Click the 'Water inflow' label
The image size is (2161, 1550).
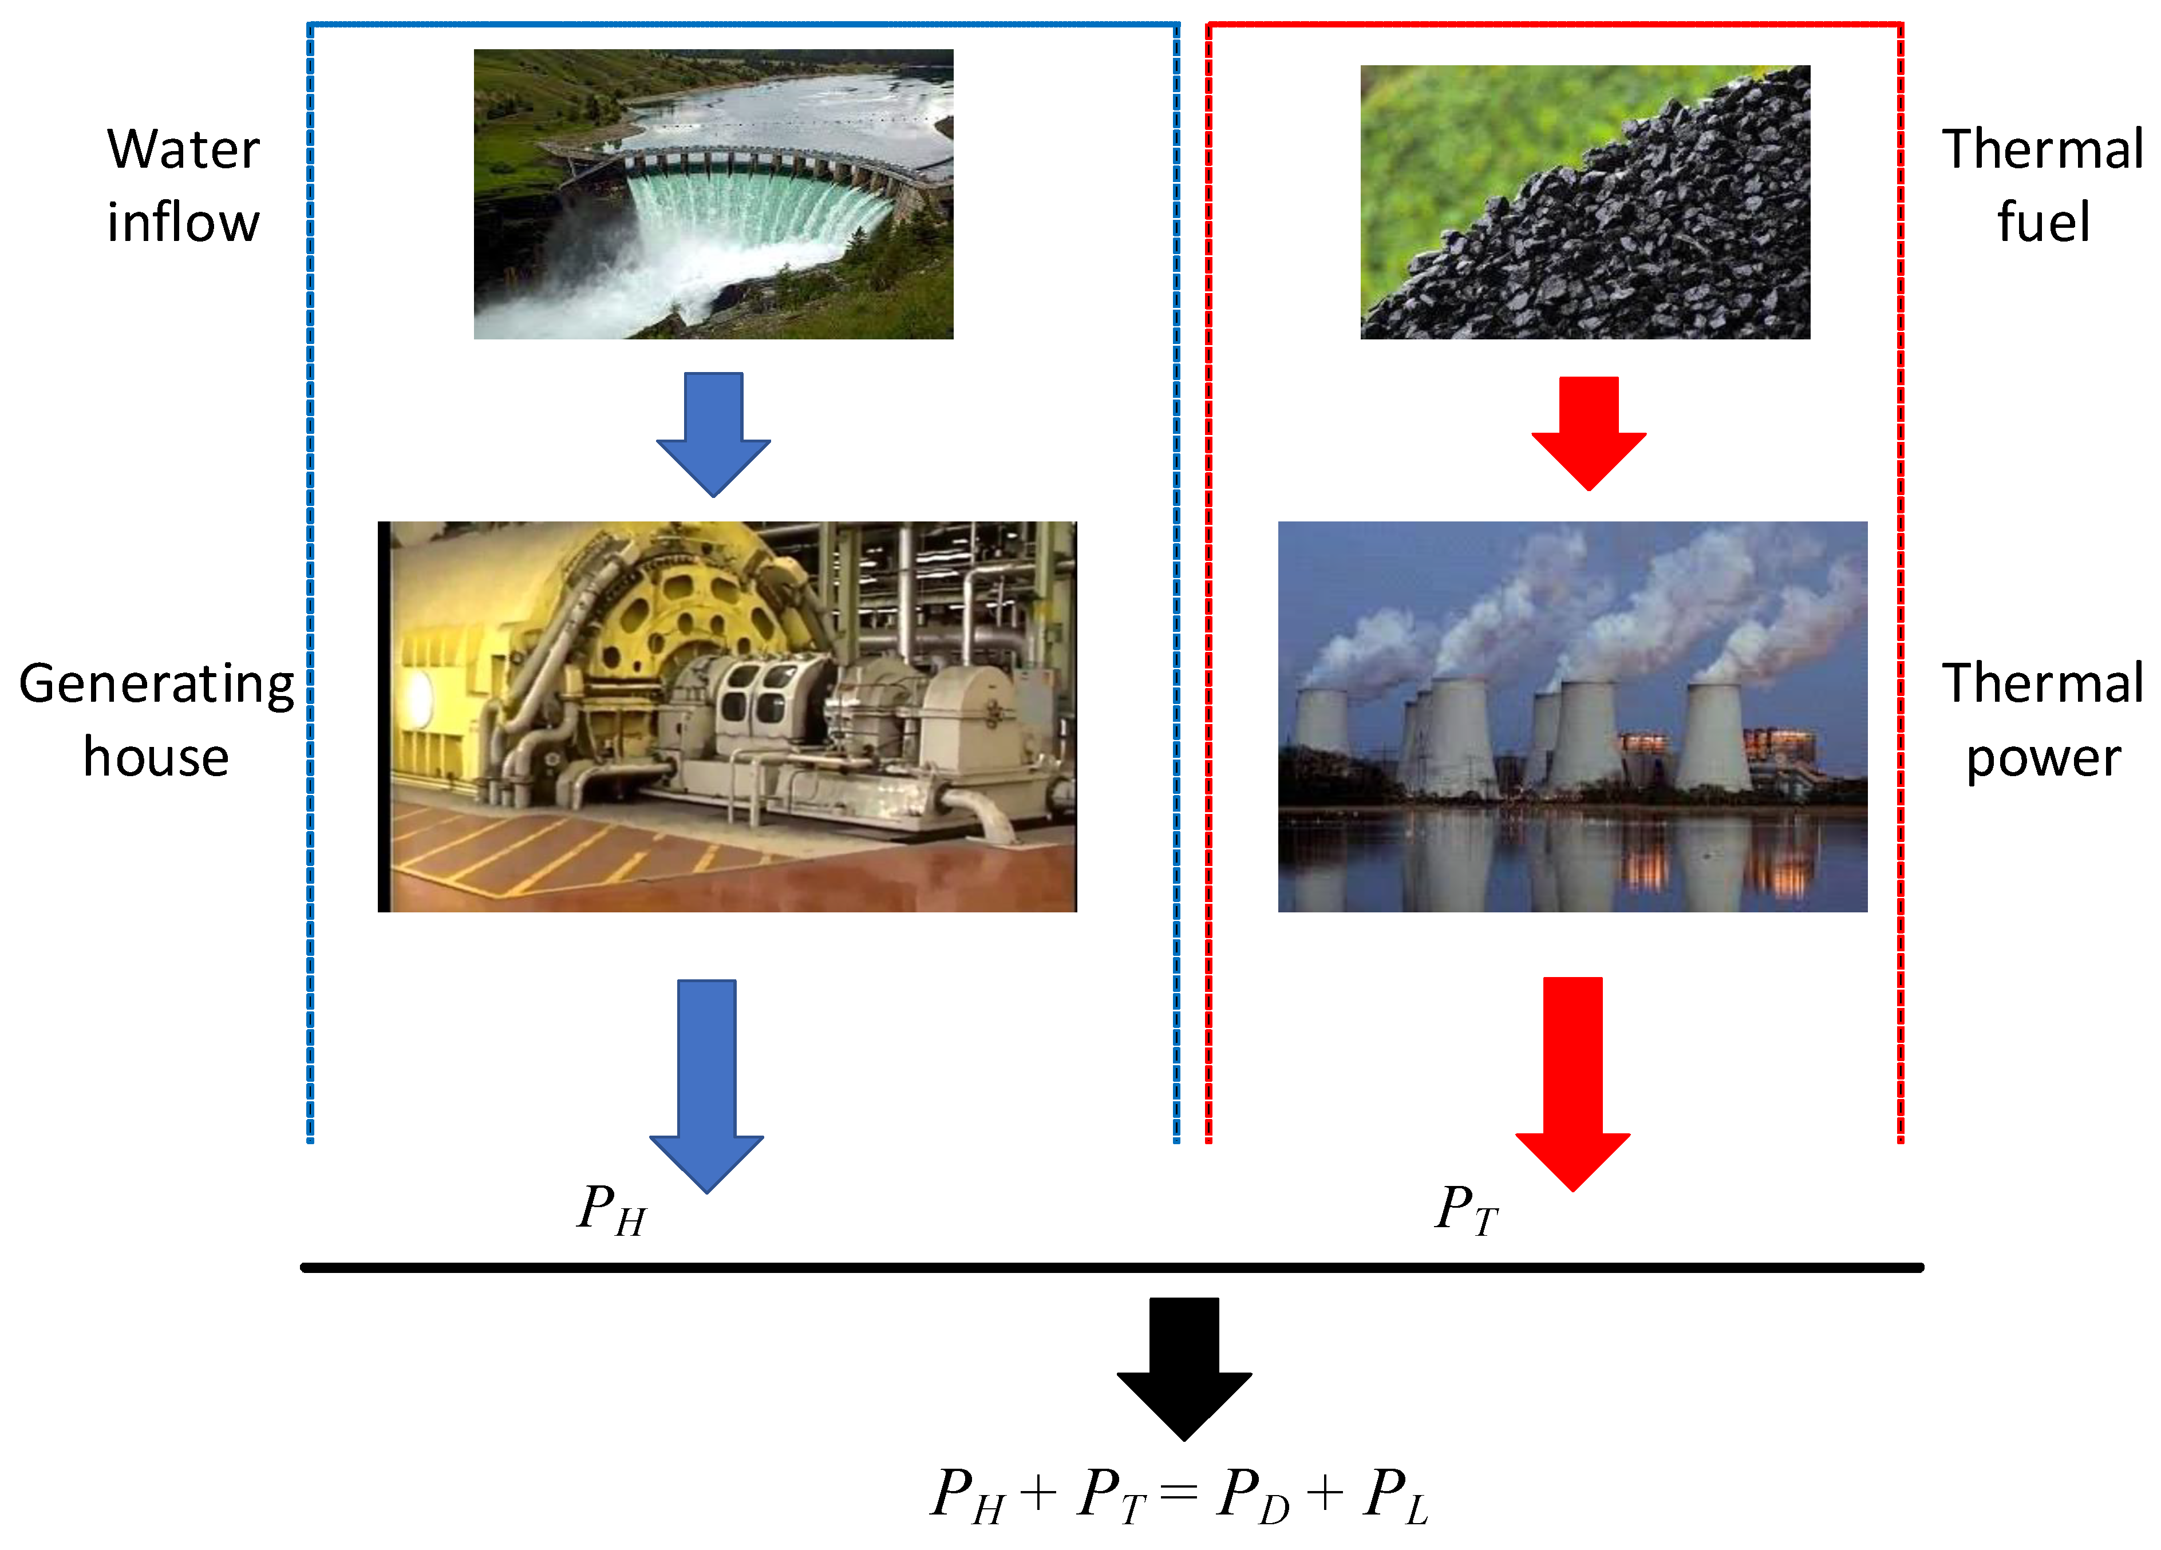click(183, 186)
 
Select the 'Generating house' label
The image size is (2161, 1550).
click(156, 720)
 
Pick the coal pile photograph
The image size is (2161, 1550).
click(1585, 202)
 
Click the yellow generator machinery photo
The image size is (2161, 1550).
click(727, 717)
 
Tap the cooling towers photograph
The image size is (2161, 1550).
click(1572, 717)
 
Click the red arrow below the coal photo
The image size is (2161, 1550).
click(1589, 433)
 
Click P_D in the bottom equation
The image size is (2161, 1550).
click(1253, 1496)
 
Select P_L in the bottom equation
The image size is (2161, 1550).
click(1396, 1496)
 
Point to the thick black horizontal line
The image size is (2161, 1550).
click(1111, 1268)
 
